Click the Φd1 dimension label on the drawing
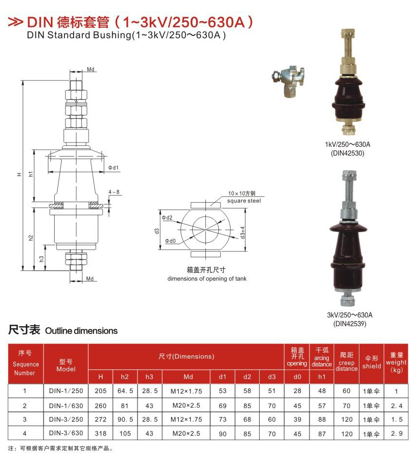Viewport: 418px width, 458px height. pyautogui.click(x=113, y=168)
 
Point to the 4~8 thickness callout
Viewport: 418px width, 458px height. pyautogui.click(x=114, y=192)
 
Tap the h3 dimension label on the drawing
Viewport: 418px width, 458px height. pyautogui.click(x=42, y=258)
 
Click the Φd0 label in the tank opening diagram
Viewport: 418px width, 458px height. pyautogui.click(x=170, y=241)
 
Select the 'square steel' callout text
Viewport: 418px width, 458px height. pyautogui.click(x=244, y=201)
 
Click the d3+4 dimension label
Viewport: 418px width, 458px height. pyautogui.click(x=243, y=233)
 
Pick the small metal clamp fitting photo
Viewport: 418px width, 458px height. pyautogui.click(x=288, y=81)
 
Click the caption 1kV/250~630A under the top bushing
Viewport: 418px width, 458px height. pyautogui.click(x=348, y=144)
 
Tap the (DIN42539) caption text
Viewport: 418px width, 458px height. pyautogui.click(x=350, y=324)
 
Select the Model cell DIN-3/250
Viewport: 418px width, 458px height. pyautogui.click(x=66, y=419)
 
